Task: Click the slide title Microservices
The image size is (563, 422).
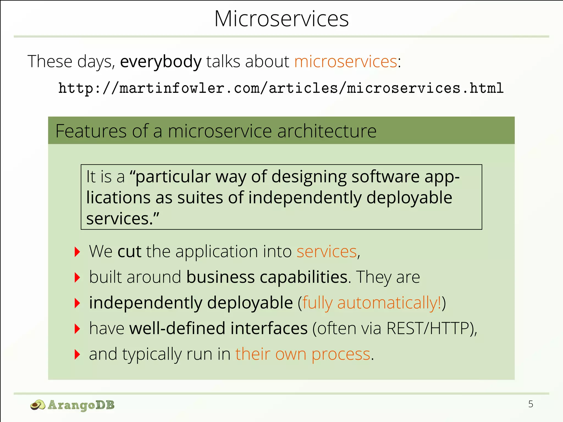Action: pos(281,19)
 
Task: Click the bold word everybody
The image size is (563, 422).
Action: pos(161,62)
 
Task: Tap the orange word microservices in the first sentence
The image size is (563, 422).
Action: pos(346,62)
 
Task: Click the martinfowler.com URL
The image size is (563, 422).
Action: pos(281,88)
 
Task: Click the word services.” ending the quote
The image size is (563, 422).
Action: pos(123,219)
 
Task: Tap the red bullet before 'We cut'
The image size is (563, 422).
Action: pos(77,252)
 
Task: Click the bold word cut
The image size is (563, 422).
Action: pos(129,251)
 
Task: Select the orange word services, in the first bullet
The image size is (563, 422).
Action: pos(328,251)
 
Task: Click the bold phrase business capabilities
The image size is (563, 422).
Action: pos(267,277)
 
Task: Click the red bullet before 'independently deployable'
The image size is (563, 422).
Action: pos(77,303)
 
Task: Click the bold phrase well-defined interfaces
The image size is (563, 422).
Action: pos(218,328)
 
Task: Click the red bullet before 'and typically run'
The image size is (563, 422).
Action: pos(77,354)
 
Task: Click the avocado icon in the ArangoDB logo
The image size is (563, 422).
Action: pos(38,405)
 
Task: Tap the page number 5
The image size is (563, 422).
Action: pos(531,404)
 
